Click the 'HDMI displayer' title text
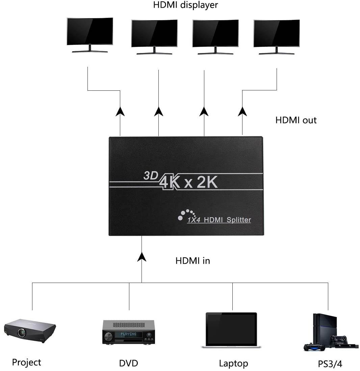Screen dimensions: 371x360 185,5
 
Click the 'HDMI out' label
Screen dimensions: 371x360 296,120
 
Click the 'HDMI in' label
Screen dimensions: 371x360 192,261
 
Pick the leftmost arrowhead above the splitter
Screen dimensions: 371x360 120,112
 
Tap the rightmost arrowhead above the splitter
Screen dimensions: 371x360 242,112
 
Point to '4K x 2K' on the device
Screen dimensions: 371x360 189,182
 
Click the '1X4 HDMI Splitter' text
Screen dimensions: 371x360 219,220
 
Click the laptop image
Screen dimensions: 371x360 231,331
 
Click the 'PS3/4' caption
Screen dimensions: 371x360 330,364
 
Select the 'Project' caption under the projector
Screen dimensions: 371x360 26,363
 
